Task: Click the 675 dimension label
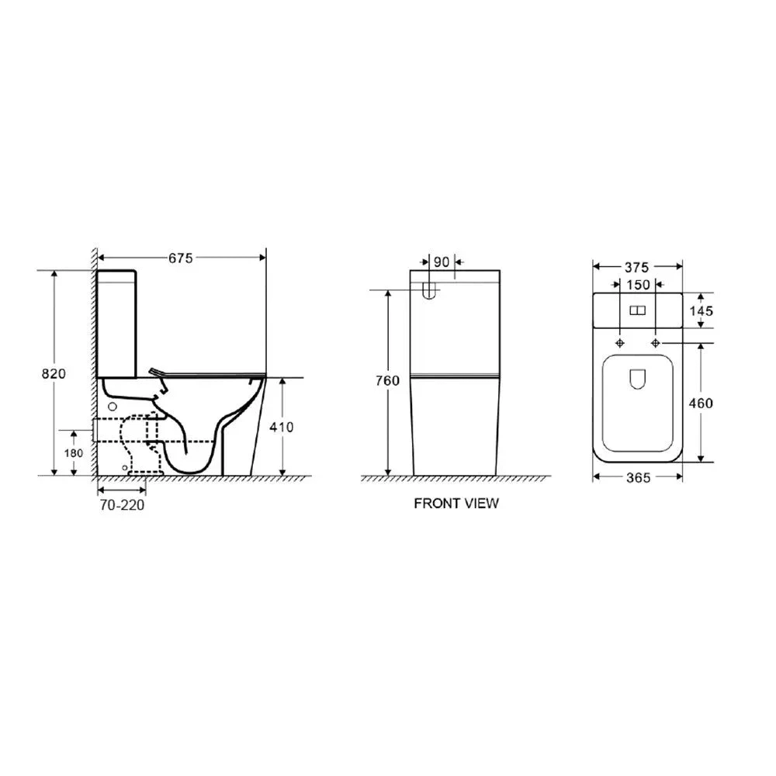(180, 259)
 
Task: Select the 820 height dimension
(54, 373)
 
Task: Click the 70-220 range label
(123, 504)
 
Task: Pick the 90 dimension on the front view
(441, 262)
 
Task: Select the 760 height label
(387, 380)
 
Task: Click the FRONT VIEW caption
(456, 503)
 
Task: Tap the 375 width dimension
(637, 267)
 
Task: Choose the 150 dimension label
(638, 285)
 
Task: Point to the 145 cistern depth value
(701, 310)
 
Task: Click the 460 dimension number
(700, 402)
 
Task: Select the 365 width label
(637, 477)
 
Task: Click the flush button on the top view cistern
(638, 310)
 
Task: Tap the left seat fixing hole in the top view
(620, 343)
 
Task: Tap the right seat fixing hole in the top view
(656, 343)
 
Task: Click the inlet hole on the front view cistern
(429, 290)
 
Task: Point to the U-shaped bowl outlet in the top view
(638, 379)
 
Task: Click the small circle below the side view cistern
(112, 407)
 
